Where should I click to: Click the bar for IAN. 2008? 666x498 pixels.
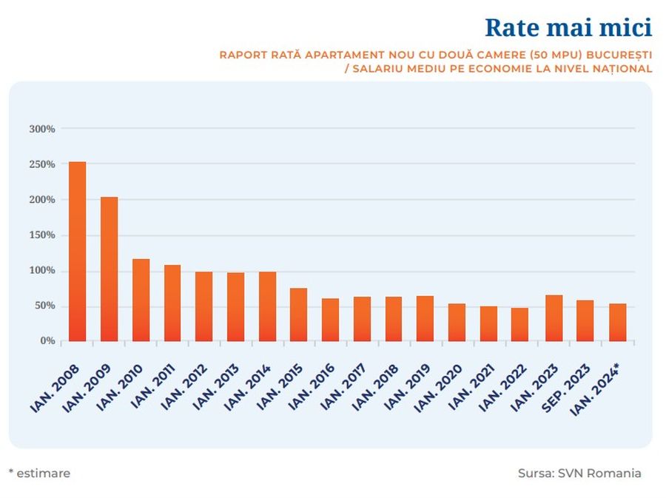(x=77, y=252)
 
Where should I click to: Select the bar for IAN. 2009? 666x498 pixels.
(x=109, y=269)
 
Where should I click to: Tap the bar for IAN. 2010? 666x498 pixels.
(x=141, y=300)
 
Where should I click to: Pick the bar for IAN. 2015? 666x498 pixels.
(x=298, y=315)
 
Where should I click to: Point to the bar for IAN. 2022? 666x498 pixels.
(x=519, y=325)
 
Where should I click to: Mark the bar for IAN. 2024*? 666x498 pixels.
(x=617, y=323)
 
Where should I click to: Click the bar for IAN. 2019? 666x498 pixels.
(x=425, y=319)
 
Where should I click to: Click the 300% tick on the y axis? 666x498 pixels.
(x=42, y=129)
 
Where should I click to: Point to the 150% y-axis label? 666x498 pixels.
(x=42, y=235)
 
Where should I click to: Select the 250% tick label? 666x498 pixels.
(x=42, y=164)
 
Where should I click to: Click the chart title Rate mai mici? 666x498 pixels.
(x=568, y=27)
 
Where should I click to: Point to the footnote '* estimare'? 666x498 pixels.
(x=39, y=473)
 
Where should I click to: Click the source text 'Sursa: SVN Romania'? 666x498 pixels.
(x=579, y=473)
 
